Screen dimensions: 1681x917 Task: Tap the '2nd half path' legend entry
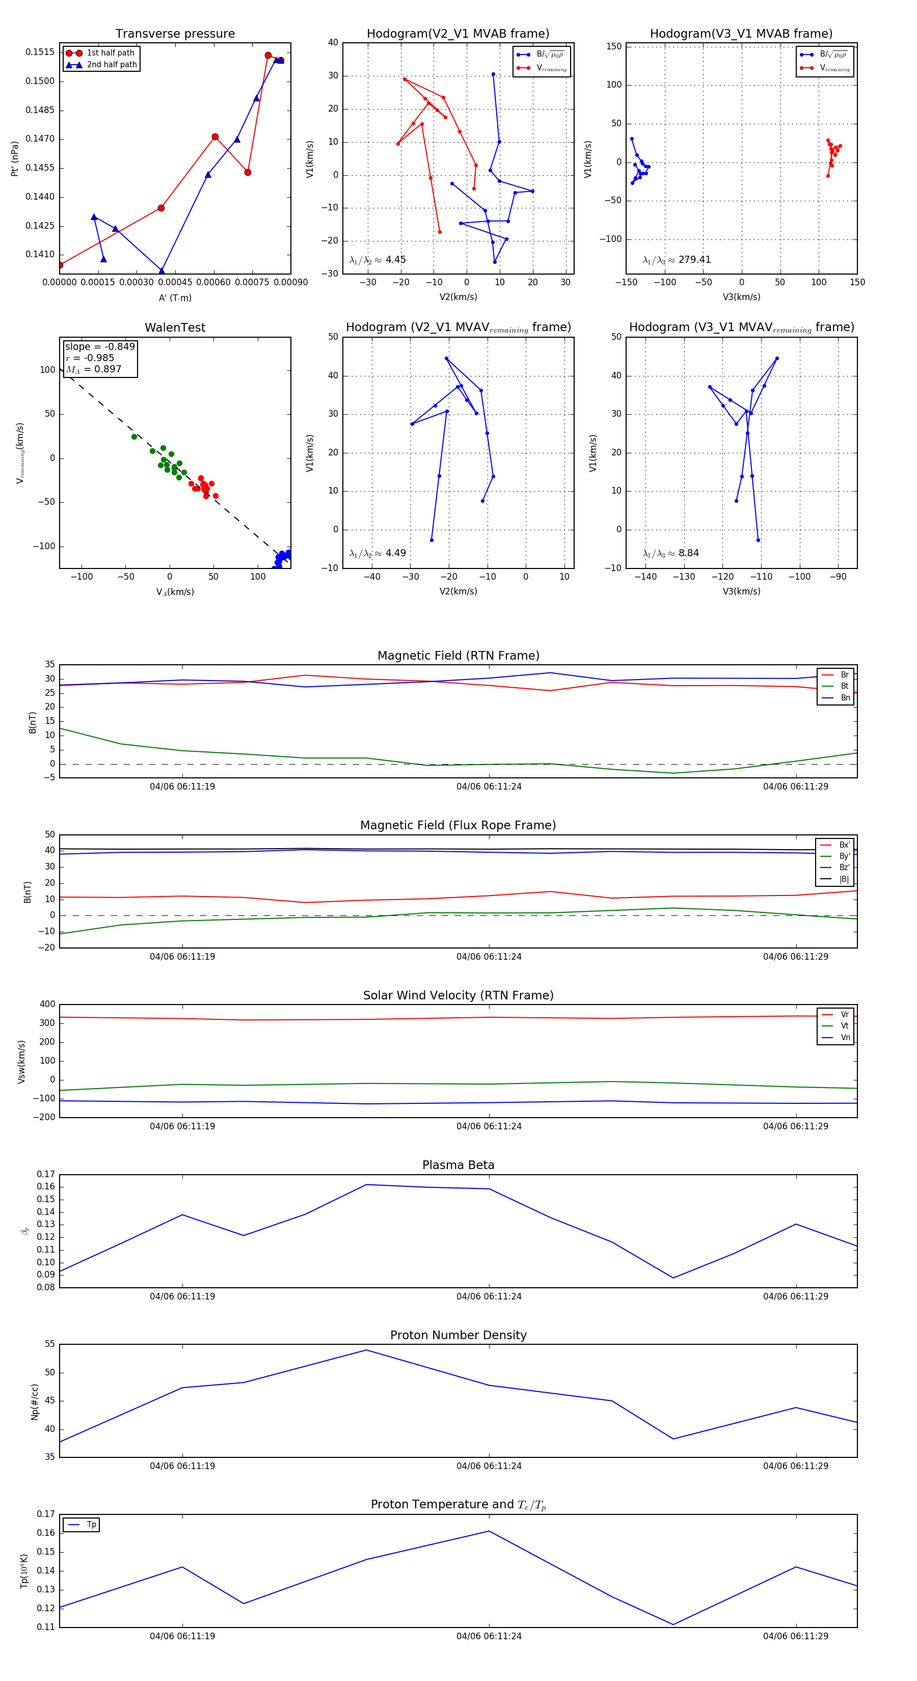click(x=112, y=65)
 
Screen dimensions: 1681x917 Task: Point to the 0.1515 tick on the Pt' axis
click(x=40, y=52)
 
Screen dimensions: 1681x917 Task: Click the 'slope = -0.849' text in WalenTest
click(x=100, y=346)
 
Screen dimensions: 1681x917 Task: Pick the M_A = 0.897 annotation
click(x=93, y=369)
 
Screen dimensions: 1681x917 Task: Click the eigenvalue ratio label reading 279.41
click(x=677, y=260)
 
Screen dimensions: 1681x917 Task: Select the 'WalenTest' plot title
click(x=175, y=328)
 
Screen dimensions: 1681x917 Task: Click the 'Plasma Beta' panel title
click(x=458, y=1165)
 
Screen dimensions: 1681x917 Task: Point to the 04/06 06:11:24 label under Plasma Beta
click(x=489, y=1296)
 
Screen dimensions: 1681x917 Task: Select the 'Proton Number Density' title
click(x=458, y=1335)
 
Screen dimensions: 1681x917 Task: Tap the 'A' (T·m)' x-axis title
click(x=175, y=297)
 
